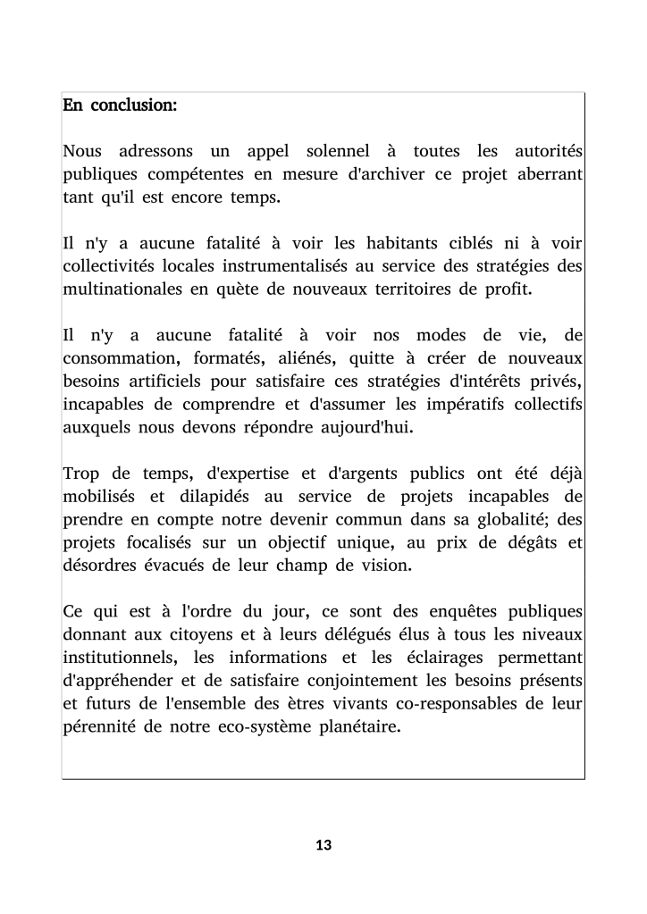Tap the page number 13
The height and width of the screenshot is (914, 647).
click(x=323, y=844)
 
